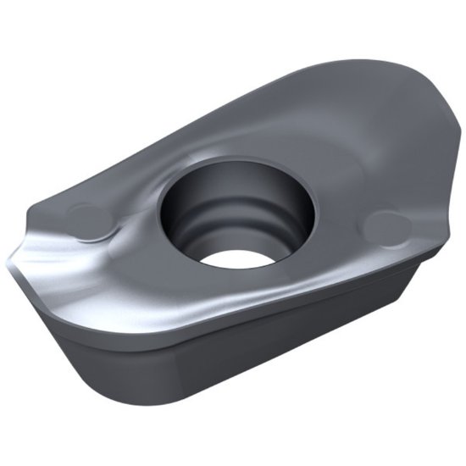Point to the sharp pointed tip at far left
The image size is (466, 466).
(9, 254)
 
